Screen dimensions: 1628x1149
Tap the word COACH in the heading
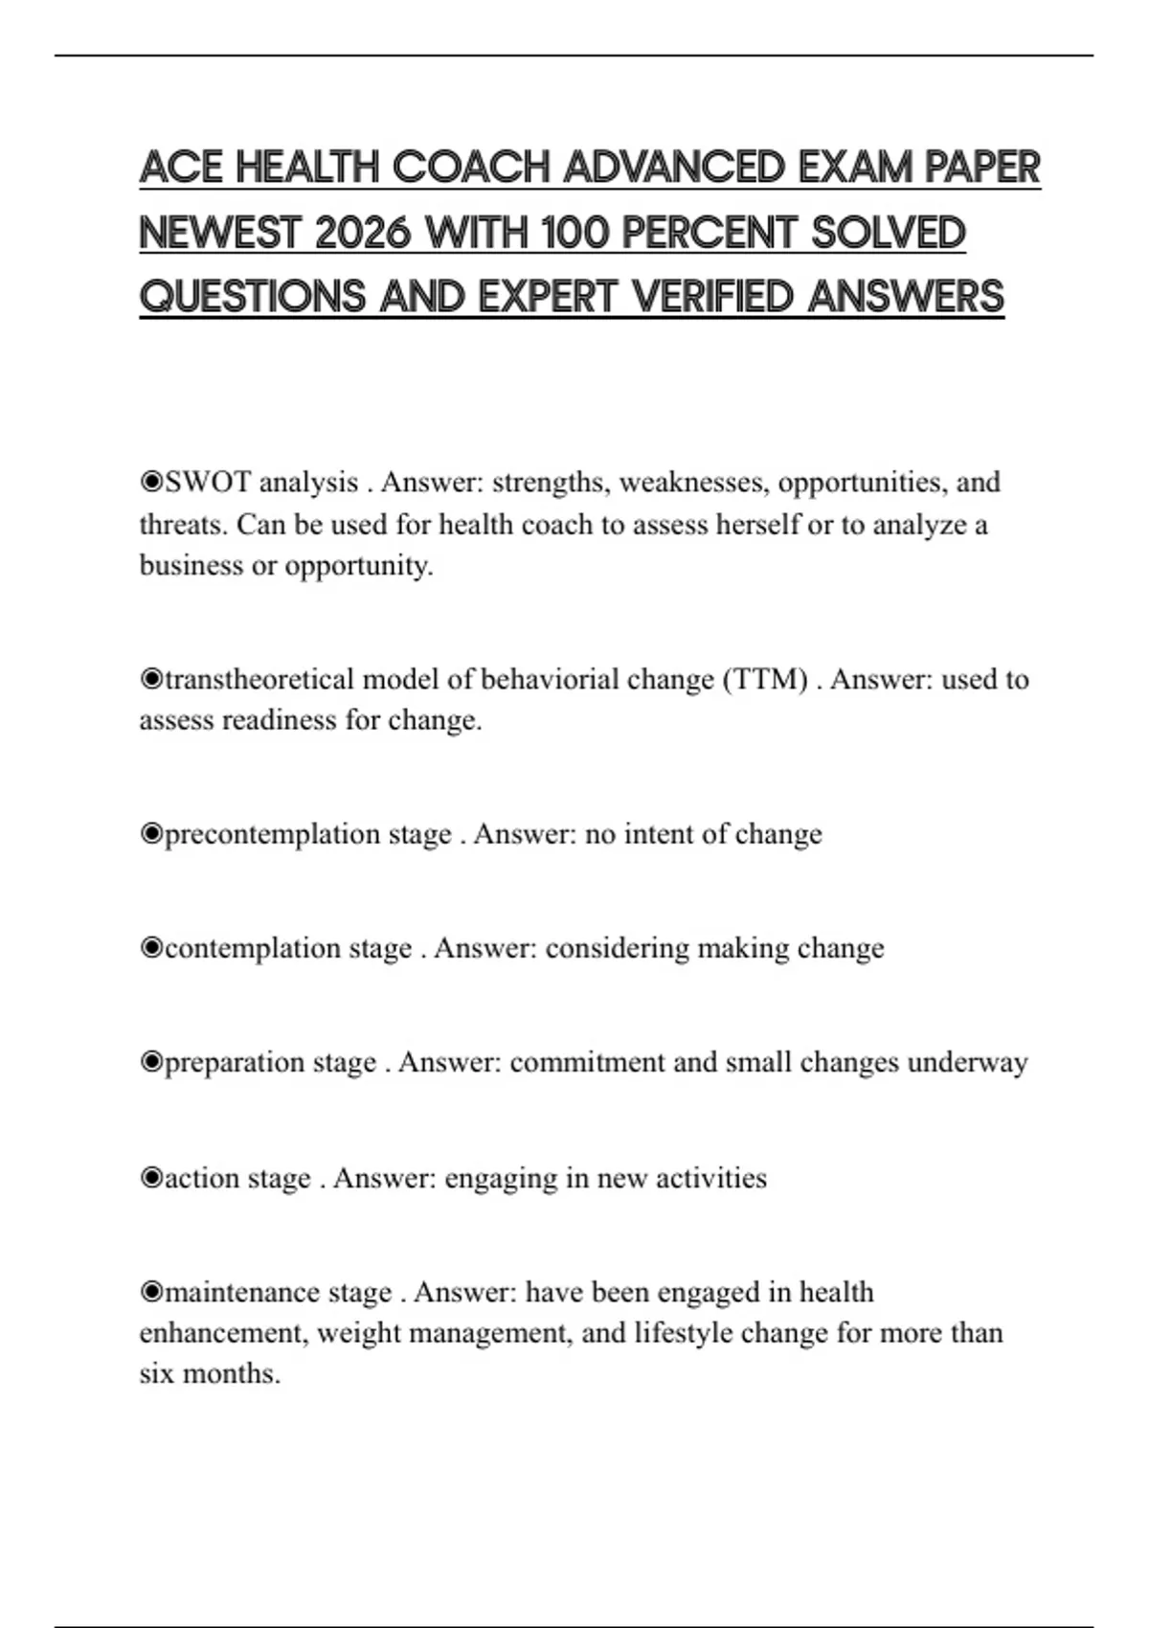pyautogui.click(x=470, y=168)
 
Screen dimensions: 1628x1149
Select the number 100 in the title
pyautogui.click(x=574, y=233)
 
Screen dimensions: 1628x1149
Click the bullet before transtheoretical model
pyautogui.click(x=151, y=679)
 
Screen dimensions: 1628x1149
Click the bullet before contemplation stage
pyautogui.click(x=151, y=948)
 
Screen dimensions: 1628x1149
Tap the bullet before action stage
pyautogui.click(x=151, y=1178)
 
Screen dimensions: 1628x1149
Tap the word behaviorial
pyautogui.click(x=550, y=679)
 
